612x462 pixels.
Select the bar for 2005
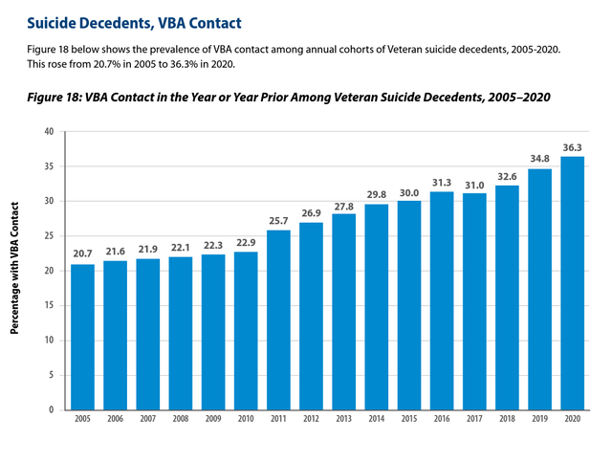point(83,338)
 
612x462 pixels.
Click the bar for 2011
point(278,320)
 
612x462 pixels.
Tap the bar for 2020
point(573,283)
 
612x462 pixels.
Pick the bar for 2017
point(474,302)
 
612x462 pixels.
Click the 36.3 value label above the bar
point(572,147)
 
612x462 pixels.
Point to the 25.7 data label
point(278,221)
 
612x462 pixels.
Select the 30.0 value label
point(409,193)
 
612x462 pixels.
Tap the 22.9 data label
point(246,243)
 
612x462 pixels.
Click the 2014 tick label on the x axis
point(376,419)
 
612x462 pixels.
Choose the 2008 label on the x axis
point(181,419)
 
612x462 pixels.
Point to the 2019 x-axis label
point(539,419)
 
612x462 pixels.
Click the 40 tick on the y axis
point(49,132)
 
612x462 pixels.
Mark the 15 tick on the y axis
point(49,305)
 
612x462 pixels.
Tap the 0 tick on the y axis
point(51,410)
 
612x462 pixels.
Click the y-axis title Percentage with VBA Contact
point(14,268)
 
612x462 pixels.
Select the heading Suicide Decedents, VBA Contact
point(134,23)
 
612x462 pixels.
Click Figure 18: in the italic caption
point(54,97)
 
